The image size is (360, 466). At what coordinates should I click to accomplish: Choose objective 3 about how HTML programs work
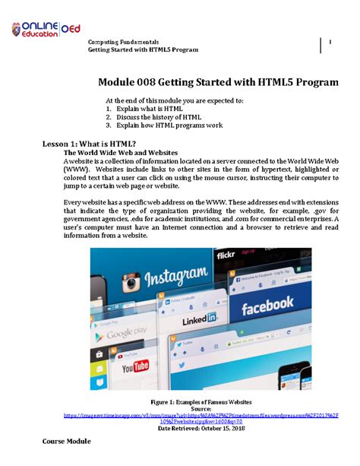click(165, 126)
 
